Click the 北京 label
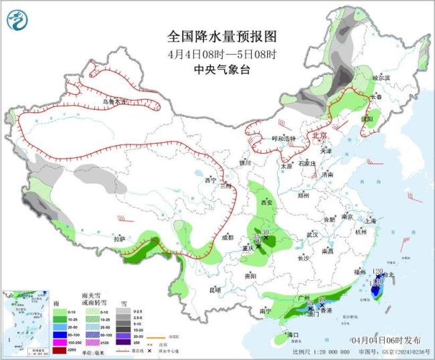(320, 135)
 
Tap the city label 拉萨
(119, 238)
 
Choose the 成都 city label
(228, 237)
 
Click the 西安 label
(267, 201)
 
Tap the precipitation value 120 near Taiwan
(377, 271)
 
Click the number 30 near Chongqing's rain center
(265, 232)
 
